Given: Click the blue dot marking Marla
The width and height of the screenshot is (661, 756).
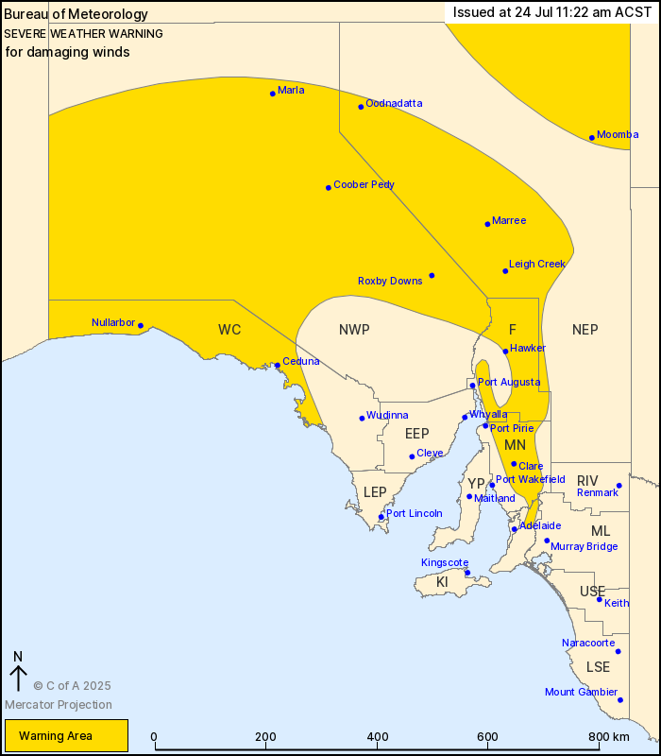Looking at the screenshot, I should pos(273,93).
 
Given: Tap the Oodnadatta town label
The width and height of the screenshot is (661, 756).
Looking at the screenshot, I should pos(394,103).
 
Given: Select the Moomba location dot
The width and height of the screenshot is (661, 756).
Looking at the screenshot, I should pos(592,138).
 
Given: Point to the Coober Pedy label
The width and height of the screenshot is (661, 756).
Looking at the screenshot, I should pos(364,185).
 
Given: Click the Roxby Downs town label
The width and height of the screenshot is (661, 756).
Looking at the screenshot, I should pos(390,281).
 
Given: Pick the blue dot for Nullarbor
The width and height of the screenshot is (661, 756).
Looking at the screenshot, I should pos(141,326).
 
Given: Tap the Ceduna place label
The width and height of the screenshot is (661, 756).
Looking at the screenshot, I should pos(301,361).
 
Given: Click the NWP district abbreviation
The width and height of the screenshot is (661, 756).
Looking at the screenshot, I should pos(354,329).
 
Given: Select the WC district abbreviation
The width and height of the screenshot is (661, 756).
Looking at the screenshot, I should pos(229,329).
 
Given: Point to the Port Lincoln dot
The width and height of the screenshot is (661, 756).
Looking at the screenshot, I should pos(381,517).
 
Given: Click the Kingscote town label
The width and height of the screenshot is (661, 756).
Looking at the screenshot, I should pos(445,562).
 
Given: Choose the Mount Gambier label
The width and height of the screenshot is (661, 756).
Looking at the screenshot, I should pos(581,692).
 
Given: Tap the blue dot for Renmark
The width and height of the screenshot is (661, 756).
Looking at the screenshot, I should pos(619,486).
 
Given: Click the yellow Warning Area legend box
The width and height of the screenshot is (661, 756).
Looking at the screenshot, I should pos(65,735).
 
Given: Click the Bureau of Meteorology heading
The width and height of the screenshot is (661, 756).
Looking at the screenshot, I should pos(76,14).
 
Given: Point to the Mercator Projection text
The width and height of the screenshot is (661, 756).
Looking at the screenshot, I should pos(58,704).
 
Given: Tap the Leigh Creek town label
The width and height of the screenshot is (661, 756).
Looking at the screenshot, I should pos(536,265).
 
